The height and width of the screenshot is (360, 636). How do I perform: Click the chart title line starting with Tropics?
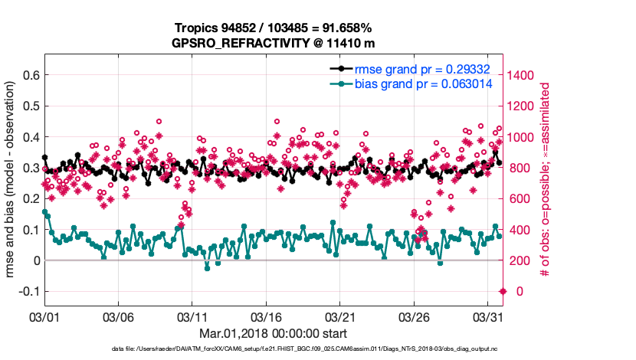tap(273, 27)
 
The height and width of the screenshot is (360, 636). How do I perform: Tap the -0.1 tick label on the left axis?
tap(28, 292)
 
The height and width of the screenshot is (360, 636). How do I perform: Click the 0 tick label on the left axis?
tap(35, 260)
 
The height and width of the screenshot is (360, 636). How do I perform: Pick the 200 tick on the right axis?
tap(517, 260)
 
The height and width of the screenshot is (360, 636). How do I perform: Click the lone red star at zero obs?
tap(503, 291)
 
